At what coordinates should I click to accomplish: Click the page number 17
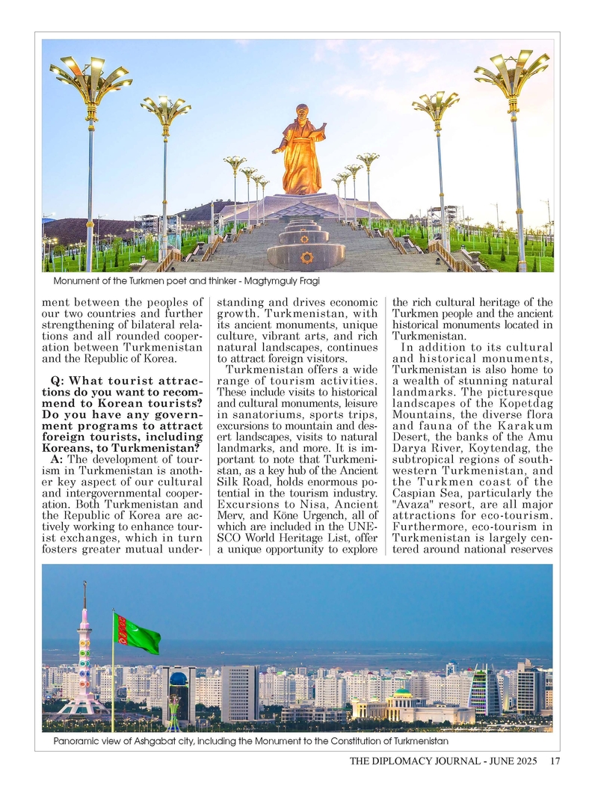555,762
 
